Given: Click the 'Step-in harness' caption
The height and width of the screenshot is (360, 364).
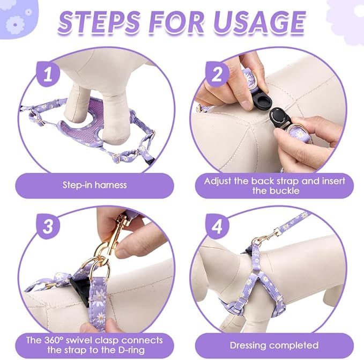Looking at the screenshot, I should coord(94,185).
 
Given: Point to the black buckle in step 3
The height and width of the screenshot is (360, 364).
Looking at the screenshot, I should coord(79,288).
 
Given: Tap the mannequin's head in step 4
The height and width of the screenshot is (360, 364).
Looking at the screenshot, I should coord(212,258).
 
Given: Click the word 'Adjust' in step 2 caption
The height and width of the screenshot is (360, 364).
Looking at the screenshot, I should coord(220,180).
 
